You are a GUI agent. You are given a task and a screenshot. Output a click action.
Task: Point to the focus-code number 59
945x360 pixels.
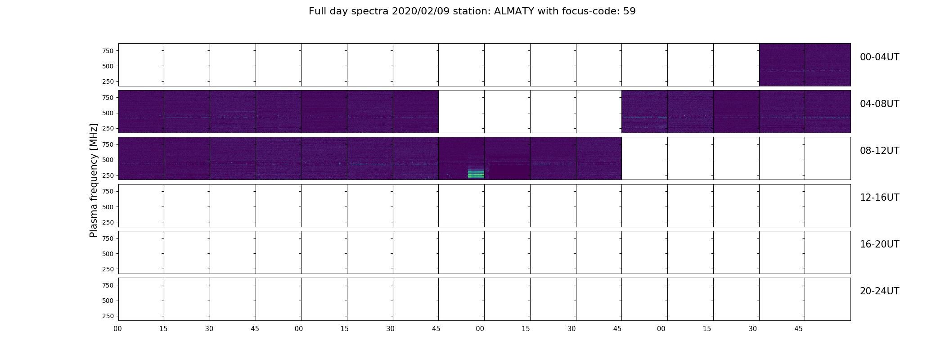[630, 11]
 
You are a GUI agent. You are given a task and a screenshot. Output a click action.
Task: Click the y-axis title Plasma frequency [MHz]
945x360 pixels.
[94, 180]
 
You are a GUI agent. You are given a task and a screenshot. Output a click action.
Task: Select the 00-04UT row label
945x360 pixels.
[879, 57]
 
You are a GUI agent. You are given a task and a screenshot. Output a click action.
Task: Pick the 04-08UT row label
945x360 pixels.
[879, 104]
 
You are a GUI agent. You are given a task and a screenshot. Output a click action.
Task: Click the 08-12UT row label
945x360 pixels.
[879, 151]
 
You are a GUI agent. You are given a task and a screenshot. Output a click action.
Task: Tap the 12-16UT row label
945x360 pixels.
[879, 198]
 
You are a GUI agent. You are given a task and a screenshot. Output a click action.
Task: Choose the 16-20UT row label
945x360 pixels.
[879, 244]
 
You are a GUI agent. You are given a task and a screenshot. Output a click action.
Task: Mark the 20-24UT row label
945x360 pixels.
[879, 291]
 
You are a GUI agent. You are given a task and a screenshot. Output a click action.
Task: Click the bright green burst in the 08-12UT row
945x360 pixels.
[476, 173]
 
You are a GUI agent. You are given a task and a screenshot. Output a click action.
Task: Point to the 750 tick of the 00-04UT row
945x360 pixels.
[108, 51]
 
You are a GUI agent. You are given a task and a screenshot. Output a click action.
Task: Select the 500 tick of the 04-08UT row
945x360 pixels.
[108, 113]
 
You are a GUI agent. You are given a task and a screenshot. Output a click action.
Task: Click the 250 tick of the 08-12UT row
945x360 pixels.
[108, 175]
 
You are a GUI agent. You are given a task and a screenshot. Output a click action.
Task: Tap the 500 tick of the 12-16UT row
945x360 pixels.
[108, 207]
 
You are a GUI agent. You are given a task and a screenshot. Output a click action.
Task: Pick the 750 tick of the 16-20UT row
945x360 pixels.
[108, 238]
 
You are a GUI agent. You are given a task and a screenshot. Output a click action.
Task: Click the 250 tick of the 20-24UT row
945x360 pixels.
[108, 316]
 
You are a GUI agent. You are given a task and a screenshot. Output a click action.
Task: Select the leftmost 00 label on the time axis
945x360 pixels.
[117, 329]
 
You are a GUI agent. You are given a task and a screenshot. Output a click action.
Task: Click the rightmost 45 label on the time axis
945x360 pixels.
[798, 329]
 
